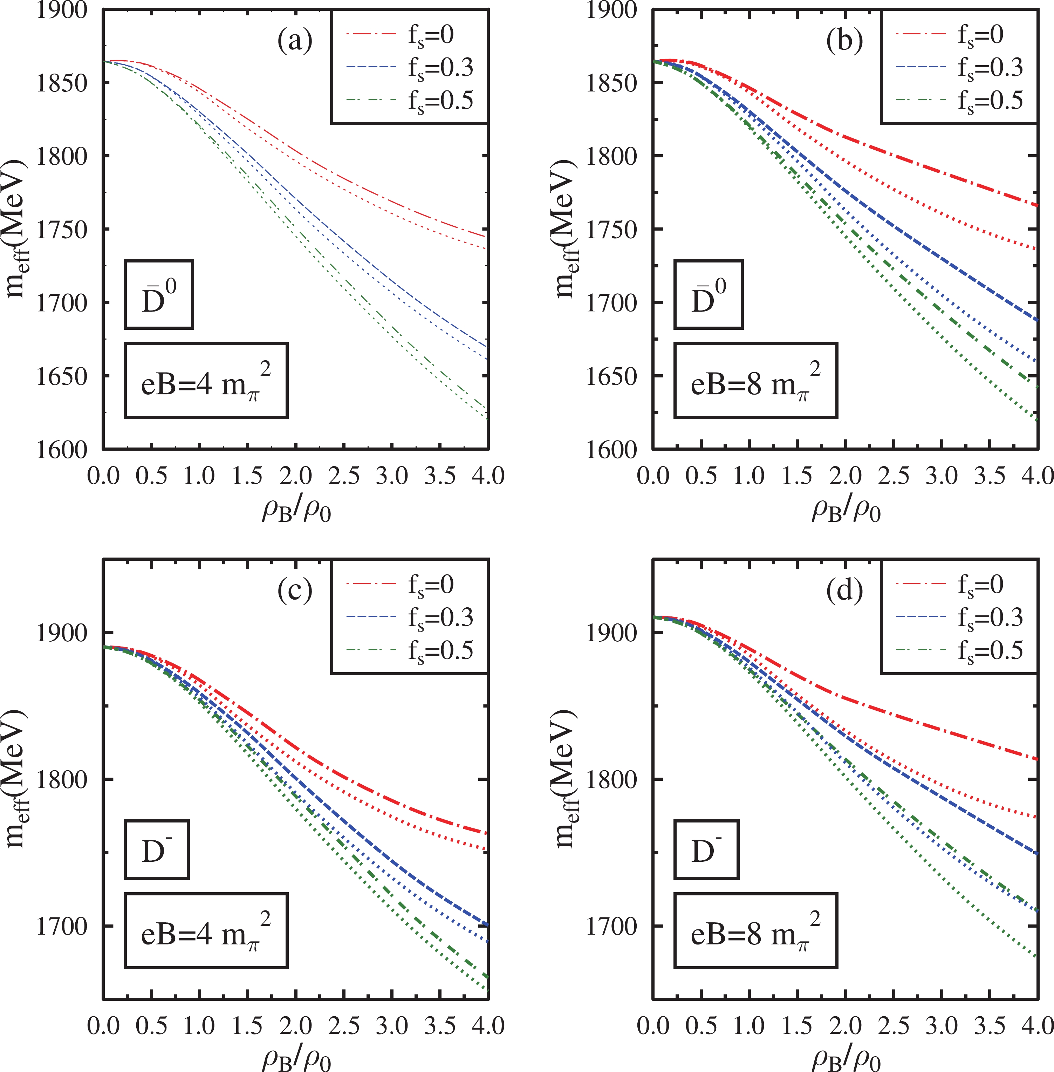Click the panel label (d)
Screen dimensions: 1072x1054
844,591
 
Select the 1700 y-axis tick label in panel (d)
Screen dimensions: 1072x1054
612,926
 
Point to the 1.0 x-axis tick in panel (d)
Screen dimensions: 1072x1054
749,1026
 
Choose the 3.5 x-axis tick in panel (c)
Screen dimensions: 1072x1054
440,1026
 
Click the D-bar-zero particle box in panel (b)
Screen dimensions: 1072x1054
708,295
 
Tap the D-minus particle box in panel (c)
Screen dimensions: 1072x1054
157,850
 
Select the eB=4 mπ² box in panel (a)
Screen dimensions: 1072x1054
206,381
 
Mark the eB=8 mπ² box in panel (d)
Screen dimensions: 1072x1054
755,930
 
